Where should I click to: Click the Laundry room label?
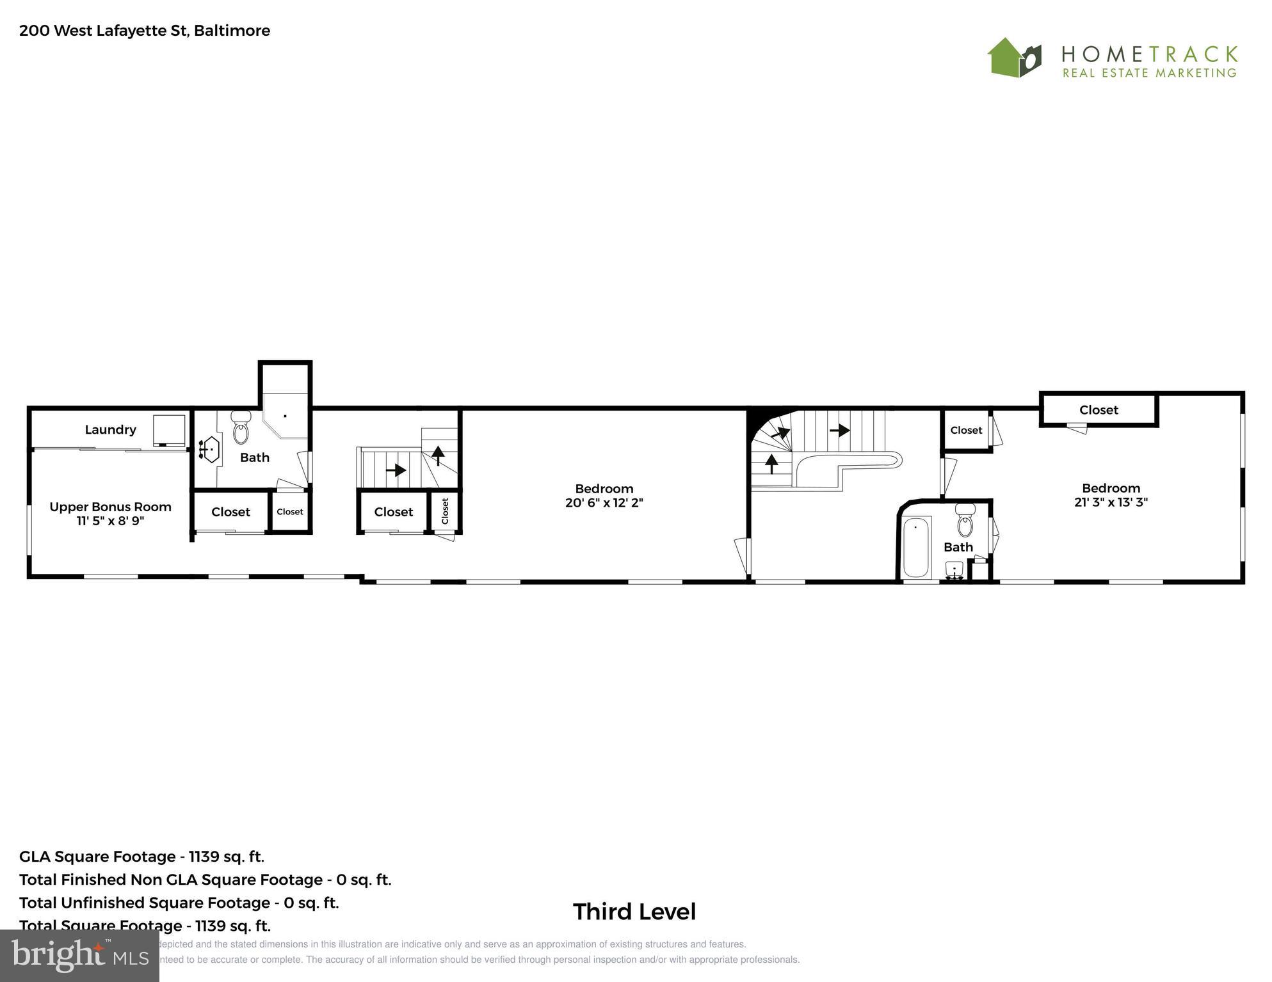pos(110,430)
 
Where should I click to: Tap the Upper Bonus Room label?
pos(110,507)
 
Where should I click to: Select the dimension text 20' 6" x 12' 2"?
pos(604,503)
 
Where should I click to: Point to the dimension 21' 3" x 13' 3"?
pos(1111,502)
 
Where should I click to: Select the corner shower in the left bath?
pos(286,416)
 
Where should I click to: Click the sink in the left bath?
pos(209,449)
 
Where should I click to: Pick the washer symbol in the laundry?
pos(169,431)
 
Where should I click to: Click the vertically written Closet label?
pos(445,511)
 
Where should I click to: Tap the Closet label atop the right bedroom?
pos(1099,410)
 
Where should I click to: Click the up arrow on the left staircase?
pos(438,455)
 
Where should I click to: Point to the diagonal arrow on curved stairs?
pos(780,432)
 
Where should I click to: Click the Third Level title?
pos(634,912)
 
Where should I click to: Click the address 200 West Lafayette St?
pos(145,31)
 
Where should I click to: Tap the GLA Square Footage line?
pos(141,857)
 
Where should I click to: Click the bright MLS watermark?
pos(79,956)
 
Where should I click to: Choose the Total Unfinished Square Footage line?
pos(179,903)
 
